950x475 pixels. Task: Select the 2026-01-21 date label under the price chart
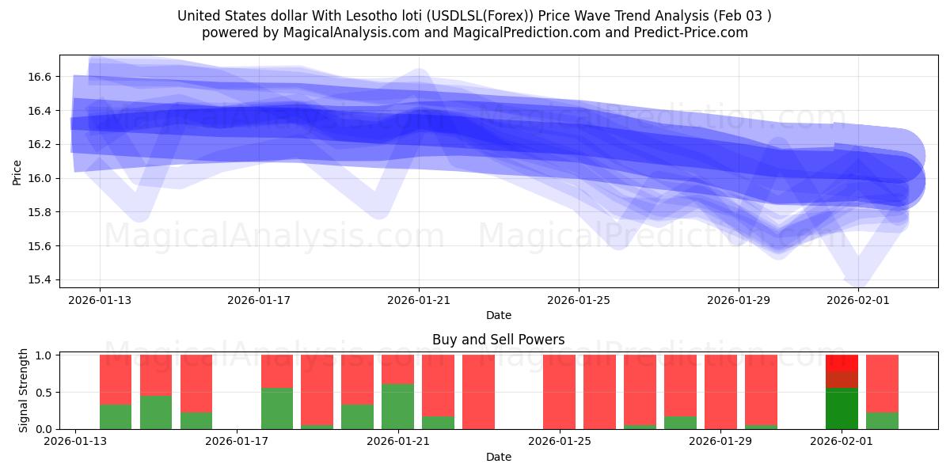419,300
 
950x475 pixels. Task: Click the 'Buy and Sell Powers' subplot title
498,340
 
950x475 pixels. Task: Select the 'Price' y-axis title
17,173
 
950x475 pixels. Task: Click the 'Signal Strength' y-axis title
24,390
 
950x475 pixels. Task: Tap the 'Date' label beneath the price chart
498,315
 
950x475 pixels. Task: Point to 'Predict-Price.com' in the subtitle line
686,32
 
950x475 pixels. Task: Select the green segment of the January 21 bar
397,406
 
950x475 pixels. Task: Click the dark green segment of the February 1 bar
842,408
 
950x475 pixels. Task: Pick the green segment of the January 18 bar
276,408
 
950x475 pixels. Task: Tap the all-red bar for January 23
478,392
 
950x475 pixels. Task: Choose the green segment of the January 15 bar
156,412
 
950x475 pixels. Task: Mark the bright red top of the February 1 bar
842,363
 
